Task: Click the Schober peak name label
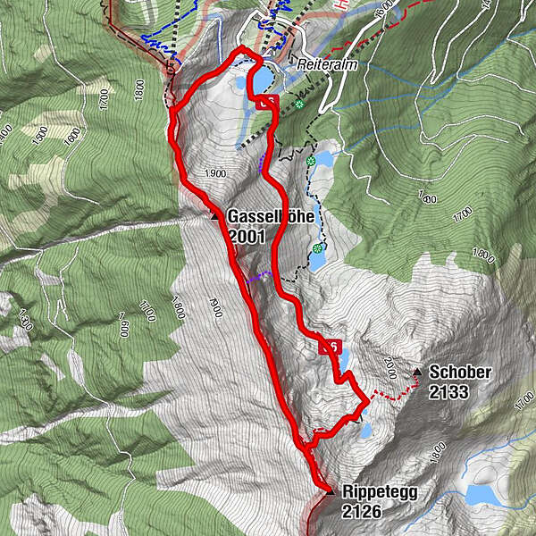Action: click(460, 372)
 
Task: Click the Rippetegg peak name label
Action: click(380, 491)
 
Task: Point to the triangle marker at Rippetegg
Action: click(330, 491)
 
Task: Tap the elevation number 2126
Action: click(362, 511)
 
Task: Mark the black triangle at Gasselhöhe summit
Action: click(214, 215)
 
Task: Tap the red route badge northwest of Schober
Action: click(330, 347)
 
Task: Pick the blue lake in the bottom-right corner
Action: click(483, 494)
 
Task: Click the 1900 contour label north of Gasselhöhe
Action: click(213, 174)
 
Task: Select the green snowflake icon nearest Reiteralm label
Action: click(300, 105)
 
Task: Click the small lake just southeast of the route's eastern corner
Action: click(364, 431)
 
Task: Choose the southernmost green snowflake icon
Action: click(318, 248)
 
